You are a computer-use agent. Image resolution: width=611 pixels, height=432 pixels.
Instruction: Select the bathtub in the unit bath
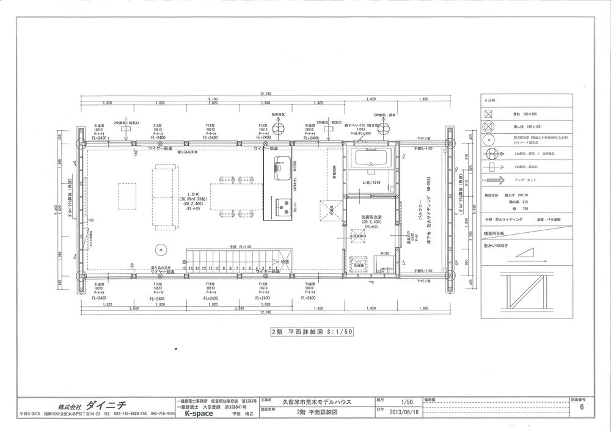(371, 159)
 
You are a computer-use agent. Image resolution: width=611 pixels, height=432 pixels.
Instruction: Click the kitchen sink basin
(282, 164)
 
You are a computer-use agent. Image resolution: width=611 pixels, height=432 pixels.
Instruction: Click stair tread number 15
(185, 268)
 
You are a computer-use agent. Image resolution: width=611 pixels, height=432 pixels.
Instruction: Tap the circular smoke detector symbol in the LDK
(158, 249)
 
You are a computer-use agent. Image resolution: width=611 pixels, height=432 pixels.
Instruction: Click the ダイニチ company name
(105, 405)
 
